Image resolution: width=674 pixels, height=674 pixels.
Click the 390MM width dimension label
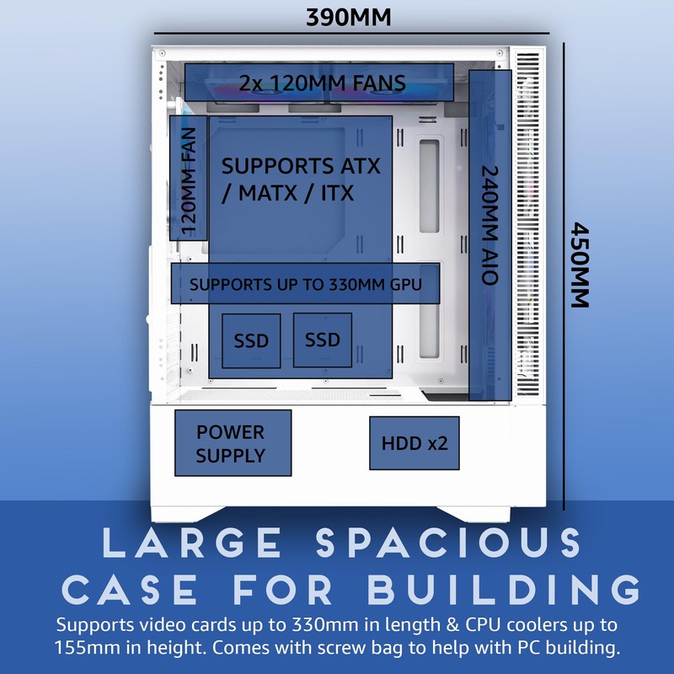(349, 18)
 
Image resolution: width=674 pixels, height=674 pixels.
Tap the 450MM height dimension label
(580, 265)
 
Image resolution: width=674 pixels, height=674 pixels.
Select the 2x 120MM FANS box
(319, 82)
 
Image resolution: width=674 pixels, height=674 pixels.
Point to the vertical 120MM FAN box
(188, 178)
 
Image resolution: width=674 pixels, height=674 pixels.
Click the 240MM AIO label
(490, 226)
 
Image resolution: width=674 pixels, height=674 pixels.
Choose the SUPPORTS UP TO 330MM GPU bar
(305, 283)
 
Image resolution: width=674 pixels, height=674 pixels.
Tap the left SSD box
(251, 340)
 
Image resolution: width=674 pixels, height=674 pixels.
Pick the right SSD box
(323, 340)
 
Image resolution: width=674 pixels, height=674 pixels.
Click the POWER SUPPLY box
(233, 443)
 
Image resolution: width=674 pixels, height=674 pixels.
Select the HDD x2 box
(415, 443)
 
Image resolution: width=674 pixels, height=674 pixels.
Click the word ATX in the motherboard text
(361, 166)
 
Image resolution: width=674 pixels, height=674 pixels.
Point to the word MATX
(268, 193)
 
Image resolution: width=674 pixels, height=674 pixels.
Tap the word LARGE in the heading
(192, 543)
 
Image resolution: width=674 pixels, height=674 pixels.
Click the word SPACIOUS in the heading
(449, 543)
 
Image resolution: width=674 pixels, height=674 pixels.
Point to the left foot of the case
(187, 514)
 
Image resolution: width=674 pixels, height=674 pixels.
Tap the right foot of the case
(473, 514)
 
